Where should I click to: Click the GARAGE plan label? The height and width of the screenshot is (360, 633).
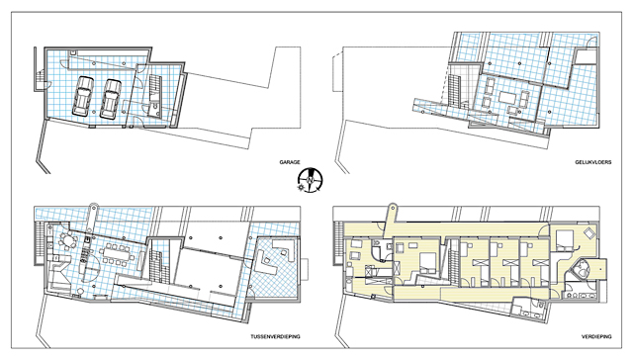point(290,162)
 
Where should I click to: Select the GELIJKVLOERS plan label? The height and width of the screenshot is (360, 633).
point(593,162)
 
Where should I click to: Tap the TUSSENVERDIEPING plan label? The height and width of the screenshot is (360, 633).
point(275,336)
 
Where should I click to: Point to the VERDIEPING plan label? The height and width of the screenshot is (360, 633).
point(596,336)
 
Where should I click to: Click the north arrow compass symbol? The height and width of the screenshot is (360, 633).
point(310,180)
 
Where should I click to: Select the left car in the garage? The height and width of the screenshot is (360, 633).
point(83,96)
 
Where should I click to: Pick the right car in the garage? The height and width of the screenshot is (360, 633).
point(111,99)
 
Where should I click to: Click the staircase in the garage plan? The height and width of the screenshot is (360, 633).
point(155,88)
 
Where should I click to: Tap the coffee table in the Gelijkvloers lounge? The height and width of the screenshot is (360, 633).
point(507,97)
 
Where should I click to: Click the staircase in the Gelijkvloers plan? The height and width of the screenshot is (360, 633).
point(454,90)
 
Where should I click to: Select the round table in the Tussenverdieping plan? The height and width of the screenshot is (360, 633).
point(68,241)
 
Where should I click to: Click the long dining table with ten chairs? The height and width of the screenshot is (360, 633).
point(117,254)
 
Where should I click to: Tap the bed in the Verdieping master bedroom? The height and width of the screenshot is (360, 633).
point(564,237)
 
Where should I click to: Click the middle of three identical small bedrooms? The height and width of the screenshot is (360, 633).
point(504,261)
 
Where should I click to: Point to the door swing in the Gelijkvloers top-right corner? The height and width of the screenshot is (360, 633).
point(591,42)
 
